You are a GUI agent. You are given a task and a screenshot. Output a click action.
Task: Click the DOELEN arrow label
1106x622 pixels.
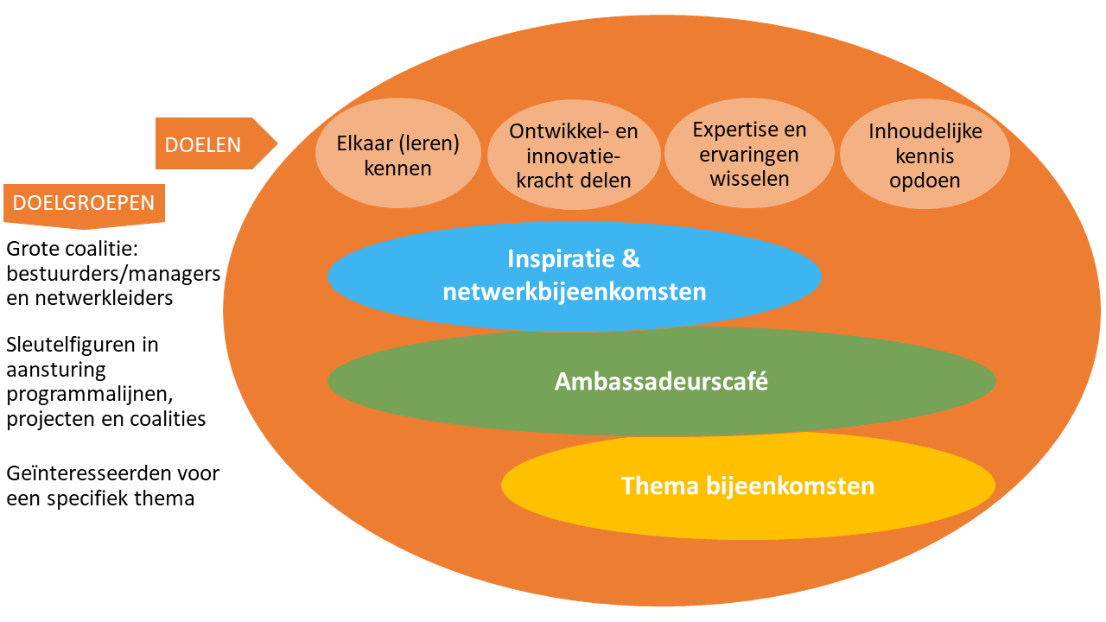click(204, 144)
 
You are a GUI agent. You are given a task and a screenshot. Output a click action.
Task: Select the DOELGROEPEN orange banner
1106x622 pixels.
click(84, 204)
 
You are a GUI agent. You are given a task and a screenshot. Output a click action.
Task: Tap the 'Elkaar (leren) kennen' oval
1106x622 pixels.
click(397, 155)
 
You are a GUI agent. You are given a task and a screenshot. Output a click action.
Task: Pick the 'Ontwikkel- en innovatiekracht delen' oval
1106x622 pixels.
click(574, 156)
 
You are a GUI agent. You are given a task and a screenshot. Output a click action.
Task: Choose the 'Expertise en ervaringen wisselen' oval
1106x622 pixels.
click(749, 155)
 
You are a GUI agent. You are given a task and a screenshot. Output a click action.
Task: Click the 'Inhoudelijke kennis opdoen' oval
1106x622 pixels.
click(924, 156)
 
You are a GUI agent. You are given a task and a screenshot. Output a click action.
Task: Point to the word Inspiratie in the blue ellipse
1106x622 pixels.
click(556, 259)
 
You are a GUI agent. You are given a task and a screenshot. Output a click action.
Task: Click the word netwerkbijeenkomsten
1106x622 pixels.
click(575, 292)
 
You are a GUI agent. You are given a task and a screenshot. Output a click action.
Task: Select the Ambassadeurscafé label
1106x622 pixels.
click(661, 381)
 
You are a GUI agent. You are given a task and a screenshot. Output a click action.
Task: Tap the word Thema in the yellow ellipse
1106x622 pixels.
click(659, 486)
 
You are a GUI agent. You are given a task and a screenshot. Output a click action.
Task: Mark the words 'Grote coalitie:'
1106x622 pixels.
click(73, 250)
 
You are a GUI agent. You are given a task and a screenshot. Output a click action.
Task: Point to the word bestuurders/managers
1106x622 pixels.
click(113, 274)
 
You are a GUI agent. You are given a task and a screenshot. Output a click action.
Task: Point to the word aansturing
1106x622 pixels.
click(55, 370)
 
